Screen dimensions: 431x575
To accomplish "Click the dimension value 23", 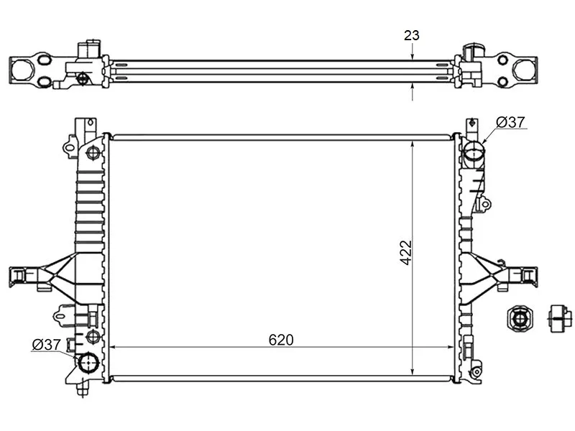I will click(412, 35).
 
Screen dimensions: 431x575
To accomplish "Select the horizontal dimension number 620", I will click(281, 340).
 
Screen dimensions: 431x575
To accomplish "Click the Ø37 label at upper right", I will click(511, 123).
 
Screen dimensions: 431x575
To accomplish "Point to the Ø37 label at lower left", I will click(46, 345).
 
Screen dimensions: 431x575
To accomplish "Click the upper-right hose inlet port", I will click(474, 152).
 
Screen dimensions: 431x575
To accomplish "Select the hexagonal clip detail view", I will click(519, 318).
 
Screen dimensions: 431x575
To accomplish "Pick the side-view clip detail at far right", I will click(560, 317).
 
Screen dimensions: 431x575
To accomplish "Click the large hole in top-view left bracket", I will click(24, 68).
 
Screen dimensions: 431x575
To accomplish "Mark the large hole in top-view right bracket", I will click(523, 69).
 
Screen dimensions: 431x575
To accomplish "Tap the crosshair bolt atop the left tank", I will click(93, 152).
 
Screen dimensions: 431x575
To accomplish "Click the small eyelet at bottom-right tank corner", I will click(476, 371).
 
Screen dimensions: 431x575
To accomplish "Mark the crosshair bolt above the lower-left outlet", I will click(92, 336).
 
